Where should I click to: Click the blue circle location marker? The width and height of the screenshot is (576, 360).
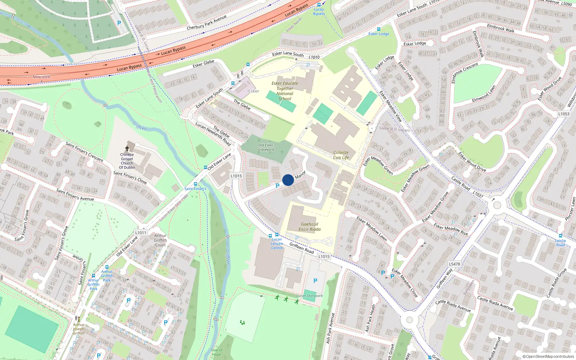point(288,180)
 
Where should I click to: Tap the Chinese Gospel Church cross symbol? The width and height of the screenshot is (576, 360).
point(127,148)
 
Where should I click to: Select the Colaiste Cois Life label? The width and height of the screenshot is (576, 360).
point(341,155)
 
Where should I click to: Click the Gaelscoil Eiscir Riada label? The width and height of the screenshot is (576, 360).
point(309,226)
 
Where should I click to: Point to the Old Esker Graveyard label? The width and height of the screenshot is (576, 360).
point(266,147)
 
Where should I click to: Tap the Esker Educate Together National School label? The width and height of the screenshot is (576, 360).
point(285,91)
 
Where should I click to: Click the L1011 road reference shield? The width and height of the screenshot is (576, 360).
point(141,233)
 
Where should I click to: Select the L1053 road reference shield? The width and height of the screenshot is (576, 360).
point(564,114)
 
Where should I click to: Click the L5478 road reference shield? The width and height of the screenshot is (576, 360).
point(454,264)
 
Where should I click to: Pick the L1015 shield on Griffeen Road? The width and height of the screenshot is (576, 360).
point(324,256)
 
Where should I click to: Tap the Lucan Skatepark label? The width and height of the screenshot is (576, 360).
point(310,296)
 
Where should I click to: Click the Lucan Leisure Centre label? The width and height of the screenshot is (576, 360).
point(277,244)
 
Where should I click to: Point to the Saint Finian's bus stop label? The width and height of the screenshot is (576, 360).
point(195,189)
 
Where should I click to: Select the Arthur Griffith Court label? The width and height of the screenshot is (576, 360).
point(160,240)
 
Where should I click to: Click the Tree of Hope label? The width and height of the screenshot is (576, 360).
point(217,352)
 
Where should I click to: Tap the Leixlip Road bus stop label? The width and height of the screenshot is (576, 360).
point(561,243)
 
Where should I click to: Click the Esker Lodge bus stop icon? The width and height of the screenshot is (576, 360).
point(378,29)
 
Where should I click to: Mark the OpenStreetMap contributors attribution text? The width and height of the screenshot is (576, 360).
point(548,357)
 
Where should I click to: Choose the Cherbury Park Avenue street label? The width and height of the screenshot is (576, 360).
point(207,22)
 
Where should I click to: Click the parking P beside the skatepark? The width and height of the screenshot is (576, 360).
point(315,281)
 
